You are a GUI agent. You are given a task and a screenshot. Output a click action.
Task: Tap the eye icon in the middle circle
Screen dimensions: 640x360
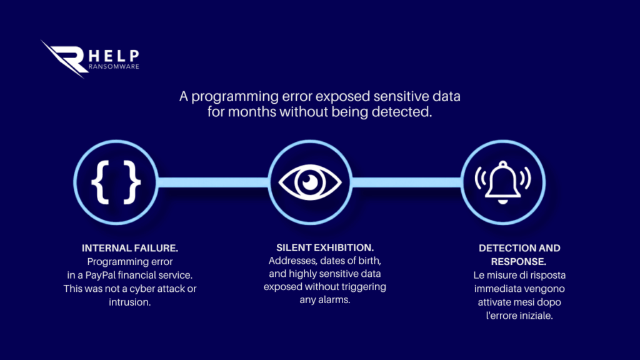pos(310,182)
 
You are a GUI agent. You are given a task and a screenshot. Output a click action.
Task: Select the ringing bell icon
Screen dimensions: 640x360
pos(503,182)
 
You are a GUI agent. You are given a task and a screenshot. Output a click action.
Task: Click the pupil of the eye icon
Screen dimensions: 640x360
pos(310,182)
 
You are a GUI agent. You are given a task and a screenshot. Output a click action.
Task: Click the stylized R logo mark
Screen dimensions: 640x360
pos(63,58)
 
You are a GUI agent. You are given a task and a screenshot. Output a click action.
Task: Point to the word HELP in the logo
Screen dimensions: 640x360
pos(114,56)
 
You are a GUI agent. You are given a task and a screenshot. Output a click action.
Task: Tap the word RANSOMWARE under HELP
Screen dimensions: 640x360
pos(114,66)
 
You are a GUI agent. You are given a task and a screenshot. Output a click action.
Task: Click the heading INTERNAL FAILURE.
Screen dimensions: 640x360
pos(130,248)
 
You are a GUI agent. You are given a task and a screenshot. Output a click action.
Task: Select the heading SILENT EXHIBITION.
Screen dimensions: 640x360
pos(325,247)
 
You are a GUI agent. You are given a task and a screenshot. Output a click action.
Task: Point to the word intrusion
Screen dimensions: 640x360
pos(130,302)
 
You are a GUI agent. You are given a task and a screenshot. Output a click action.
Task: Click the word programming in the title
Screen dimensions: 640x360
pos(235,97)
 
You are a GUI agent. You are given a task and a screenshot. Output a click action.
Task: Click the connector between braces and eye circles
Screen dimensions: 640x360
pos(213,182)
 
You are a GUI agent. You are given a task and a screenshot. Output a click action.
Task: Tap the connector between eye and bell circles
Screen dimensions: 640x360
pos(406,182)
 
